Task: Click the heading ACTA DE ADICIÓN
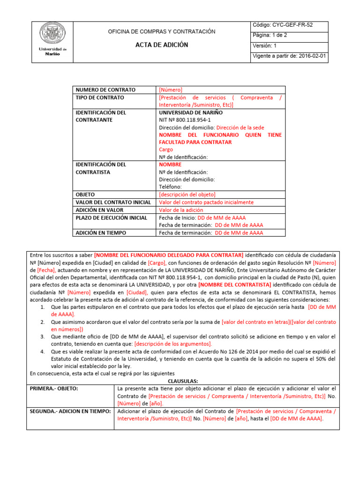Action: [161, 45]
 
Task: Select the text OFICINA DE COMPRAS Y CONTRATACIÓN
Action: [162, 31]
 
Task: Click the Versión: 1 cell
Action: [265, 46]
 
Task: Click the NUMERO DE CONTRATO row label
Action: [105, 90]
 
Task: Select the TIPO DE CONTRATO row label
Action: [100, 97]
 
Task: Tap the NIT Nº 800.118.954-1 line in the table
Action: [184, 120]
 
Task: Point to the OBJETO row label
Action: [85, 194]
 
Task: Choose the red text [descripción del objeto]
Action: [187, 194]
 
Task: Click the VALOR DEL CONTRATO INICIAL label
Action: [113, 202]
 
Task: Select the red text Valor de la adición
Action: [181, 210]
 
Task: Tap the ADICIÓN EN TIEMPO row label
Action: [101, 232]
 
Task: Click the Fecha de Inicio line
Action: [202, 217]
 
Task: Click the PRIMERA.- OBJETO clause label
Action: [54, 389]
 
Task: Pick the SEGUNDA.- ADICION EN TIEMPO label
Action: [70, 411]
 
